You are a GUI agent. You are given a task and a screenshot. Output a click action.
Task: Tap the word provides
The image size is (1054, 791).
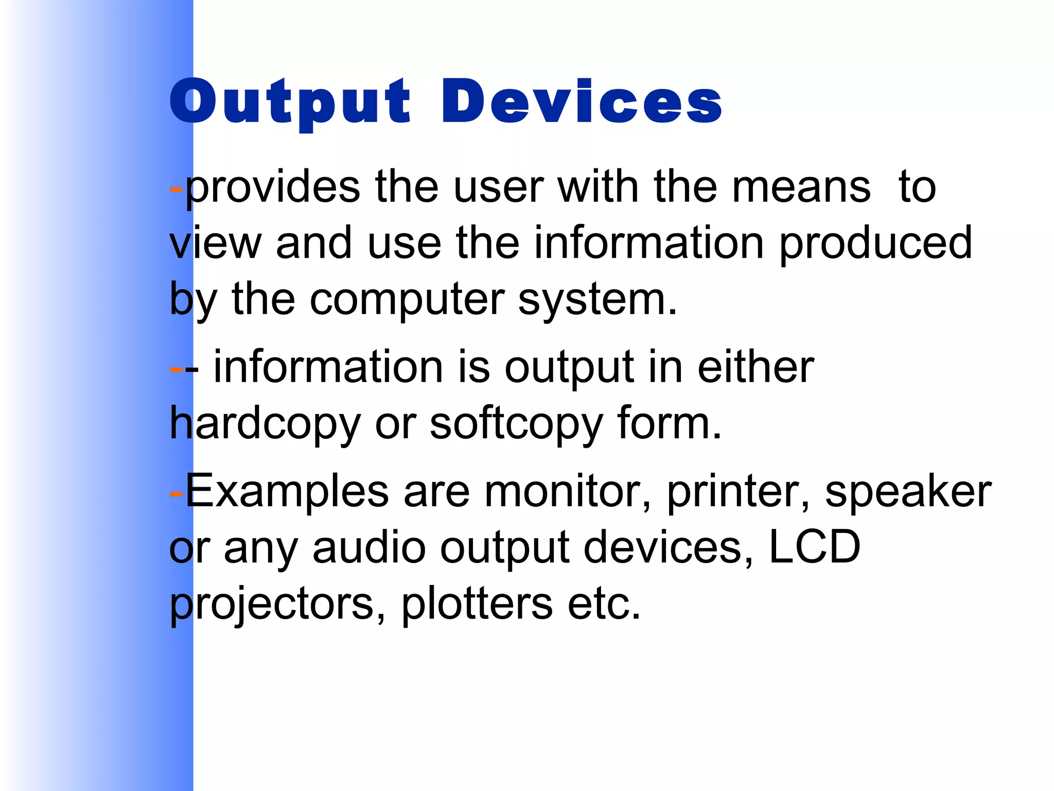tap(273, 187)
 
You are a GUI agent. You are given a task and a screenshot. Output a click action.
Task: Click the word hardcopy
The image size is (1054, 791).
tap(265, 424)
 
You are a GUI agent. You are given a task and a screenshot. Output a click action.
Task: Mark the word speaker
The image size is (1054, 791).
tap(908, 492)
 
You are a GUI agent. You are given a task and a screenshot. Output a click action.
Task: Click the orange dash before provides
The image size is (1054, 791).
tap(176, 188)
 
